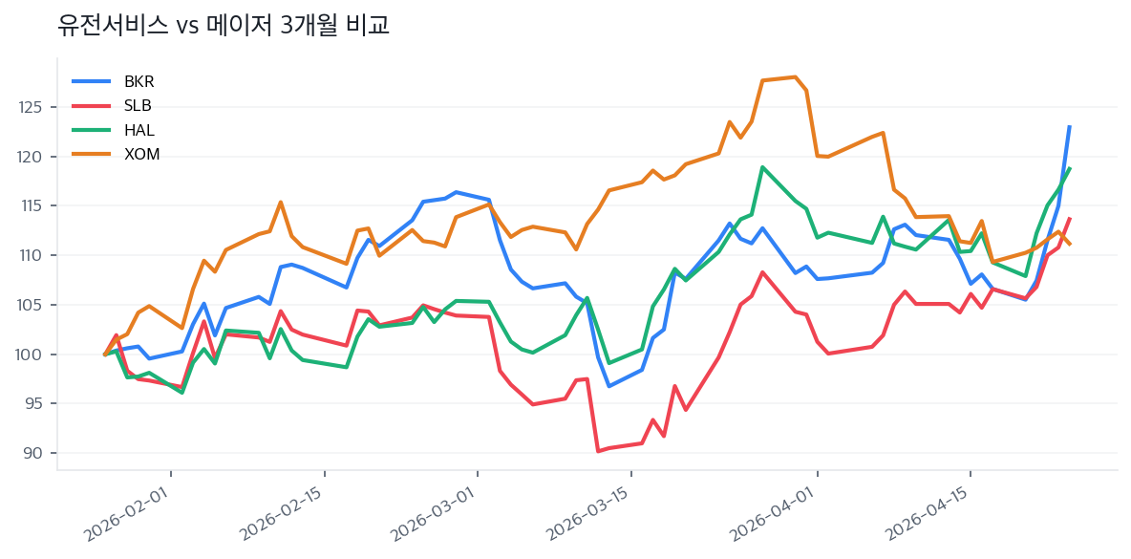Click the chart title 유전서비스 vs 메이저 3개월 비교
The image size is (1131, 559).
(x=224, y=26)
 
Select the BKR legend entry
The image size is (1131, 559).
(x=139, y=81)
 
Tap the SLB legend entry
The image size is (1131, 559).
(x=138, y=105)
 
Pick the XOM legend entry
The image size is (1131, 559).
(x=141, y=155)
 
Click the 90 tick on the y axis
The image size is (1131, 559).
(x=35, y=453)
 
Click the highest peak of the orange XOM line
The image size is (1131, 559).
(x=796, y=76)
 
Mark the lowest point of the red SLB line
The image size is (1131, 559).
(x=598, y=451)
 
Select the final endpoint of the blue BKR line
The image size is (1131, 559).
(x=1069, y=126)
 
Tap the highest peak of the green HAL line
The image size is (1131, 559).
(x=762, y=167)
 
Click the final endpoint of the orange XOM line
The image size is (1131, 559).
(x=1069, y=245)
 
